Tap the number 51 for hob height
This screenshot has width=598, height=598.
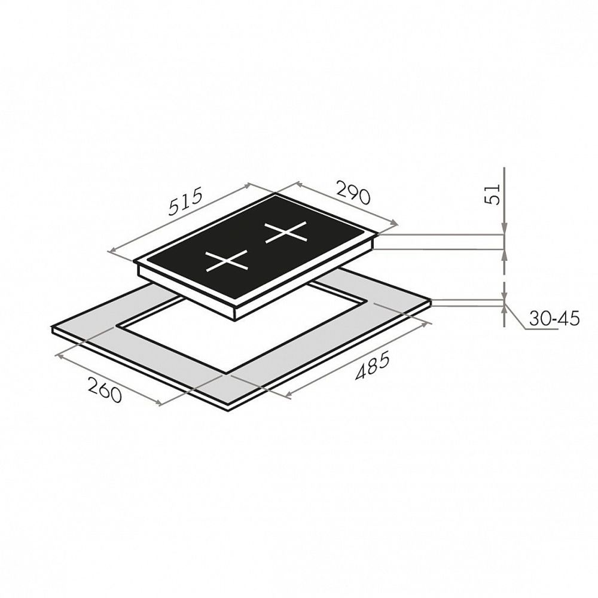click(x=493, y=193)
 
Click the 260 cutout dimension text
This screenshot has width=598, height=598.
click(x=105, y=389)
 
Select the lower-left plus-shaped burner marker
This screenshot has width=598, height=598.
click(x=227, y=261)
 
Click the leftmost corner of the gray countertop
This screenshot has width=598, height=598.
click(x=53, y=328)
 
